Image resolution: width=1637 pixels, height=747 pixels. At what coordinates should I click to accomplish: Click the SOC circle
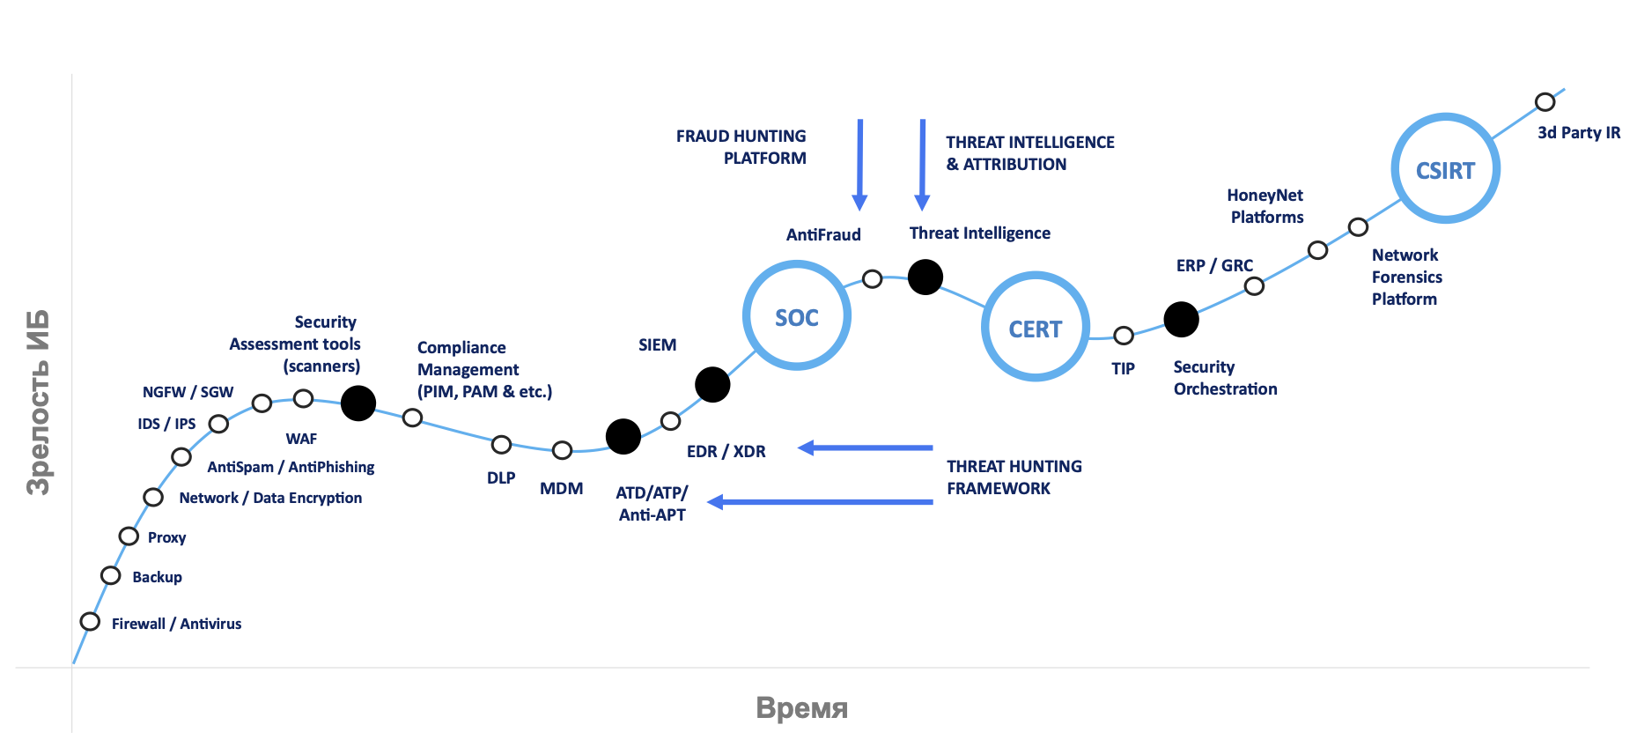[797, 315]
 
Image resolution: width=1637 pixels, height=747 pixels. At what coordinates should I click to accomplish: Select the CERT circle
[1036, 327]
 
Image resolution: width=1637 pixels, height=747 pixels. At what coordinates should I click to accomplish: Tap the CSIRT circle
[1446, 168]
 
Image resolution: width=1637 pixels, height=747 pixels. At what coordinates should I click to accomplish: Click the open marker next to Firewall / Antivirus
[90, 622]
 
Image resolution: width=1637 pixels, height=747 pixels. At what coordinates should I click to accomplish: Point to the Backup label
[158, 577]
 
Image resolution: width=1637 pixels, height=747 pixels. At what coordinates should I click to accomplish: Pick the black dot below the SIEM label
[712, 384]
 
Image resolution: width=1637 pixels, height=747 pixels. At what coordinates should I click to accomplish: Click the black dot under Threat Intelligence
[925, 277]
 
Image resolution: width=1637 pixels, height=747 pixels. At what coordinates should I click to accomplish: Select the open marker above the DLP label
[501, 445]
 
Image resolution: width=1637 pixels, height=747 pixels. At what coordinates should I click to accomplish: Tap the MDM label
[562, 489]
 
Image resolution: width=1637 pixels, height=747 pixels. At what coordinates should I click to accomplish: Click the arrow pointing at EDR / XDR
[865, 447]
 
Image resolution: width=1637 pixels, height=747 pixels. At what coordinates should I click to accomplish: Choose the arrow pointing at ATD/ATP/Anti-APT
[820, 502]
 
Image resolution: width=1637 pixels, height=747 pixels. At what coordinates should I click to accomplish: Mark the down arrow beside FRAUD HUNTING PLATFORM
[860, 165]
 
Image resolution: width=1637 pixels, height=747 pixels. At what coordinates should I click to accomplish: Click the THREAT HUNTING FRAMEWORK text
[1014, 477]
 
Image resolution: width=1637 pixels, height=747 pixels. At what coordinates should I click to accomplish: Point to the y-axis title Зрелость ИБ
[38, 403]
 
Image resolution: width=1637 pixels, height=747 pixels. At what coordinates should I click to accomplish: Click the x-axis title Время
[802, 708]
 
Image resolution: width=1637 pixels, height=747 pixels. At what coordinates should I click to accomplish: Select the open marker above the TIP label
[1124, 336]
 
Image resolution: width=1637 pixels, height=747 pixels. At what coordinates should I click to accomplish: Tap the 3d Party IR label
[1579, 133]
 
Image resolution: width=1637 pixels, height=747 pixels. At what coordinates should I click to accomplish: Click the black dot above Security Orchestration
[1182, 320]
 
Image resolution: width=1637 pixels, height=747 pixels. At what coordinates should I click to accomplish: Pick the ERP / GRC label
[1214, 266]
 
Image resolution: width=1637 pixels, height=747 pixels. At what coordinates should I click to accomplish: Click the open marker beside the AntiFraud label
[873, 279]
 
